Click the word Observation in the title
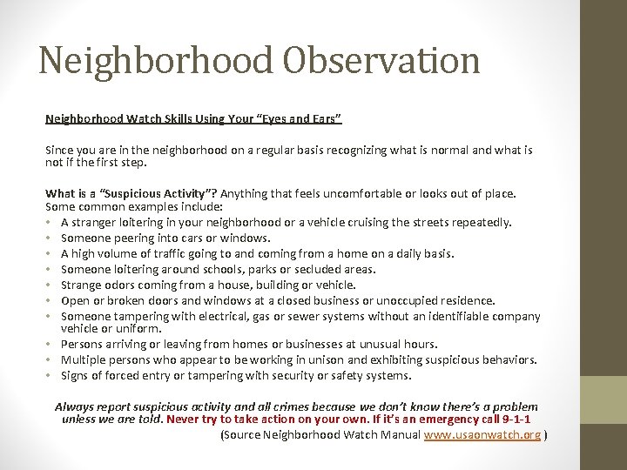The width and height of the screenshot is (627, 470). coord(388,60)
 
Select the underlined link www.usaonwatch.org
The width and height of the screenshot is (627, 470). coord(482,435)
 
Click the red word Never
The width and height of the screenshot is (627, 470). coord(185,420)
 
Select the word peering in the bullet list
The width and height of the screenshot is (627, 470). coord(128,238)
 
